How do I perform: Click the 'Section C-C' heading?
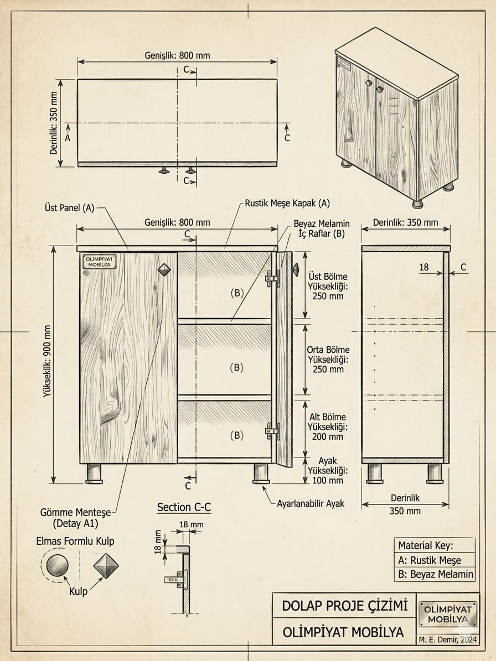pyautogui.click(x=184, y=507)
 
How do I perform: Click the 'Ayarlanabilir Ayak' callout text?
pyautogui.click(x=311, y=503)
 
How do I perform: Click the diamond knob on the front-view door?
pyautogui.click(x=166, y=269)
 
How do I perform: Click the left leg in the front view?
pyautogui.click(x=94, y=473)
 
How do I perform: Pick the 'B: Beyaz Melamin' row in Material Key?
pyautogui.click(x=435, y=574)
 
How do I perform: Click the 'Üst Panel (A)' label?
pyautogui.click(x=69, y=208)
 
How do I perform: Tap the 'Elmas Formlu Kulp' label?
pyautogui.click(x=75, y=541)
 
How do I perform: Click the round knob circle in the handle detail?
pyautogui.click(x=57, y=565)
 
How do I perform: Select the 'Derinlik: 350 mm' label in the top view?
pyautogui.click(x=54, y=123)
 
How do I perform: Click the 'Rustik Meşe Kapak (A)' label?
pyautogui.click(x=287, y=203)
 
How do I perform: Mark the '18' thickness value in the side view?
pyautogui.click(x=424, y=267)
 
